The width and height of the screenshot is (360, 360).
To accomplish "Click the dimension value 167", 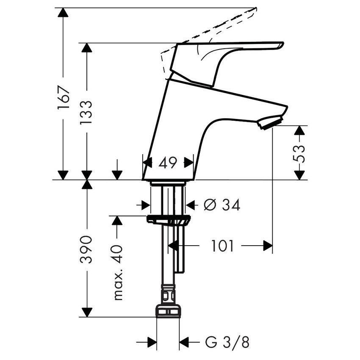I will pyautogui.click(x=63, y=98).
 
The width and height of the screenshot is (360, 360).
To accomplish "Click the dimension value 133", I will pyautogui.click(x=87, y=112).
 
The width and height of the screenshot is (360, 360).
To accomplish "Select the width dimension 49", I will pyautogui.click(x=168, y=163).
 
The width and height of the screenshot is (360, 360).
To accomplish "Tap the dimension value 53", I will pyautogui.click(x=299, y=153).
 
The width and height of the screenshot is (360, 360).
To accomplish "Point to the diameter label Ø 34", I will pyautogui.click(x=222, y=205).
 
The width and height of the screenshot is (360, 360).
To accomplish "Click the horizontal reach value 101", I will pyautogui.click(x=223, y=245).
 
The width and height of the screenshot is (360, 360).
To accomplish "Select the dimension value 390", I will pyautogui.click(x=87, y=250).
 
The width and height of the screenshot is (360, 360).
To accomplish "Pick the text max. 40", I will pyautogui.click(x=118, y=272).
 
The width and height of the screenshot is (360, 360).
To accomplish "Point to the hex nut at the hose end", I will pyautogui.click(x=168, y=311).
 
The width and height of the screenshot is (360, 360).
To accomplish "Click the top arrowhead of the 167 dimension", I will pyautogui.click(x=63, y=12).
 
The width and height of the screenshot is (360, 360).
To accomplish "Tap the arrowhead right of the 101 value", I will pyautogui.click(x=267, y=245).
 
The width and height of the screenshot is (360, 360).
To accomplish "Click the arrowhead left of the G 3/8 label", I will pyautogui.click(x=152, y=341).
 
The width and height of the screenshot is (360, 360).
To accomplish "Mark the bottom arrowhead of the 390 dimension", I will pyautogui.click(x=87, y=312).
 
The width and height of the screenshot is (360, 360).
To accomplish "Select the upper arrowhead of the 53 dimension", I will pyautogui.click(x=299, y=130).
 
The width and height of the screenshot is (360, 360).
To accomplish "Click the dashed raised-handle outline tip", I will pyautogui.click(x=256, y=8).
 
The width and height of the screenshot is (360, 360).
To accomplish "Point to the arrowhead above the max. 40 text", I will pyautogui.click(x=117, y=220).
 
